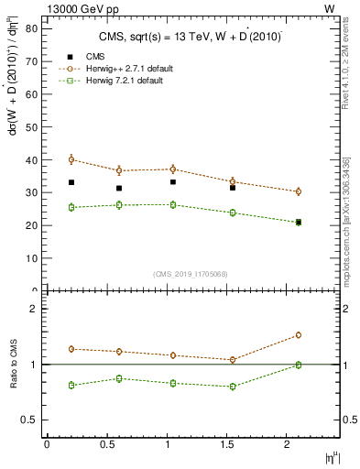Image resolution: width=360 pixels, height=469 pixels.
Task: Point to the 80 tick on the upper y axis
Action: pos(42,28)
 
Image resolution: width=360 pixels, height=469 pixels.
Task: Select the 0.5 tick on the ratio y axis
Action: pos(42,420)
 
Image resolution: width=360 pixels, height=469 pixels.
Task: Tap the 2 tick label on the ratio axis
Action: pos(33,309)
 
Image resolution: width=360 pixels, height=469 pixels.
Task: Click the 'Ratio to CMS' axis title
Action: pos(12,364)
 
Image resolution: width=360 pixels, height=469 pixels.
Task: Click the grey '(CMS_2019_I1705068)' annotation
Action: pos(191,272)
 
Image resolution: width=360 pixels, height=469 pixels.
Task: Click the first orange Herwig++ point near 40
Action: pos(71,159)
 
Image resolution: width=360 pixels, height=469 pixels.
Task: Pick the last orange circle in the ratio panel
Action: pos(298,335)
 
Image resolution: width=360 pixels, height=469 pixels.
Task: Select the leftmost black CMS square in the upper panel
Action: pos(71,182)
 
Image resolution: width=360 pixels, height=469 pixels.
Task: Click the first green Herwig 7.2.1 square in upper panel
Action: pos(71,207)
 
